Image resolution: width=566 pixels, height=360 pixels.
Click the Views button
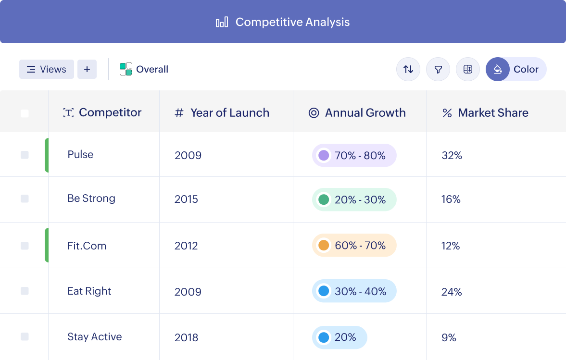click(x=47, y=69)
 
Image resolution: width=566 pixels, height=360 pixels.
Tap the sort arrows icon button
click(x=408, y=69)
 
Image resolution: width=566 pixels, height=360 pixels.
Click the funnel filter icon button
click(x=438, y=69)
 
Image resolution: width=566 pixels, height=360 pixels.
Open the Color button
click(x=516, y=69)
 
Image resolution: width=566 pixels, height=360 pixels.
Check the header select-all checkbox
click(x=25, y=113)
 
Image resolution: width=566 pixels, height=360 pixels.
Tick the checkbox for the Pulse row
click(x=25, y=155)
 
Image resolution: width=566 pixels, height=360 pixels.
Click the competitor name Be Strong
click(x=91, y=199)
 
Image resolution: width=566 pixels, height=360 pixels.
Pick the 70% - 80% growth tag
click(x=354, y=155)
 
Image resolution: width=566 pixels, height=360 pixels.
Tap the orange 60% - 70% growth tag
click(x=354, y=245)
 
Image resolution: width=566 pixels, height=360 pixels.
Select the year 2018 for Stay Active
click(x=186, y=337)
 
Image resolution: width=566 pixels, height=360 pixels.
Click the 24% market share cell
click(x=452, y=291)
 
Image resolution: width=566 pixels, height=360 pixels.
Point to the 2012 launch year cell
click(x=186, y=246)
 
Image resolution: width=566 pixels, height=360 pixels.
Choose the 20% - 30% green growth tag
click(x=354, y=199)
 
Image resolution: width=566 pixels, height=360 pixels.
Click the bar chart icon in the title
click(x=222, y=22)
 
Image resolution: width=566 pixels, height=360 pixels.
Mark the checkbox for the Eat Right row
click(x=25, y=291)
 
